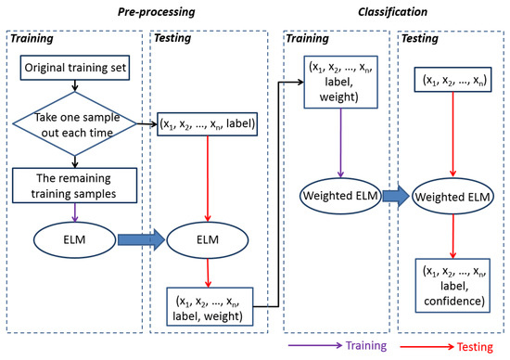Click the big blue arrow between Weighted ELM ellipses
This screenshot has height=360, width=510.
[x=395, y=196]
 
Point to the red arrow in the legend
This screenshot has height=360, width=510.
[x=422, y=346]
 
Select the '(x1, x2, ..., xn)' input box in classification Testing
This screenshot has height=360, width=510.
[x=452, y=81]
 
